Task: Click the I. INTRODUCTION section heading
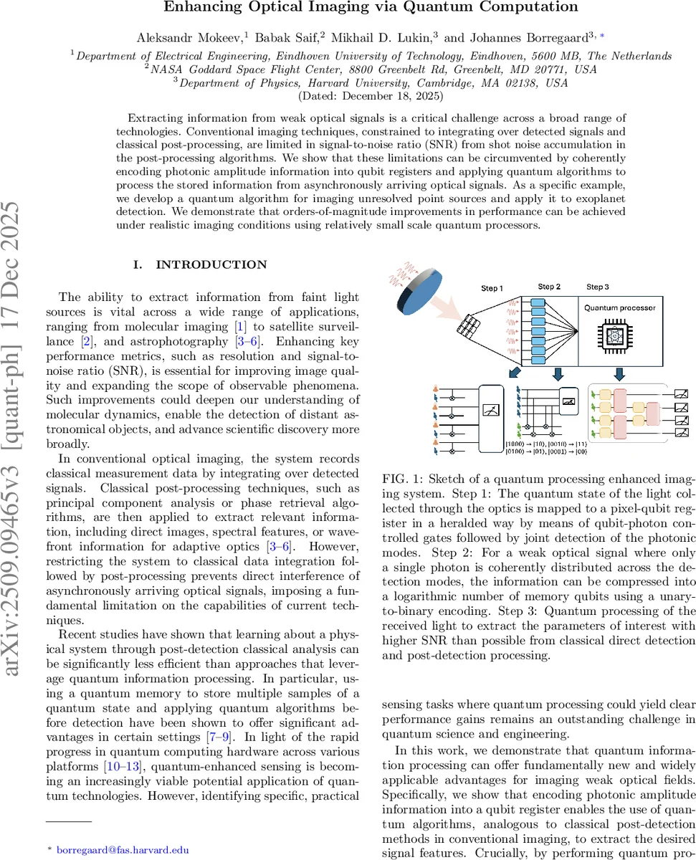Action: point(201,265)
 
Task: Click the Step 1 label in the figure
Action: point(491,288)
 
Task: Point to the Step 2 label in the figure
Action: point(549,287)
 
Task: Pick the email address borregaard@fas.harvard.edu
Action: point(123,850)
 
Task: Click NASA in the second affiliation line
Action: point(166,69)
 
